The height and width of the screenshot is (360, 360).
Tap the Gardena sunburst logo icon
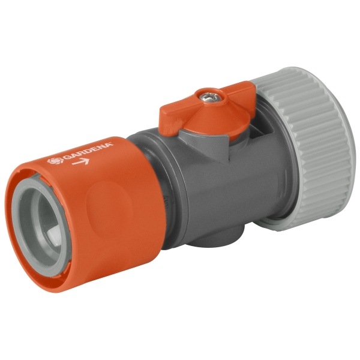(52, 160)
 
